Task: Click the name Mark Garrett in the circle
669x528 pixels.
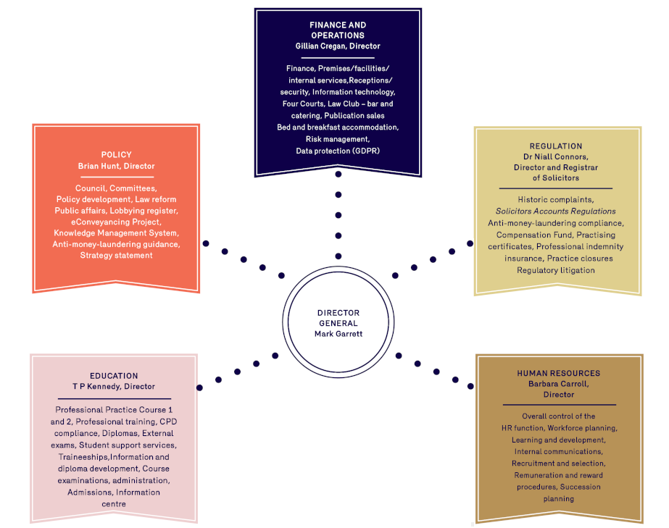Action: [338, 334]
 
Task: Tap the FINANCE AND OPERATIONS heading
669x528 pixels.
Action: [338, 30]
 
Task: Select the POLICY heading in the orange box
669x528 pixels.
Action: [116, 154]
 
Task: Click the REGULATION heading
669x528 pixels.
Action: [556, 146]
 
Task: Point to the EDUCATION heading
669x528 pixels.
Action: [114, 376]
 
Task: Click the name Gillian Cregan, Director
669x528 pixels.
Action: [338, 46]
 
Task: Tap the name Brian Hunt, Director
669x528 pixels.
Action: [116, 166]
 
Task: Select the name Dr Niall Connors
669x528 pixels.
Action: [556, 156]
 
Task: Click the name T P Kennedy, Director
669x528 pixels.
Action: [114, 387]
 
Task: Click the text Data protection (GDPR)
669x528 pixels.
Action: [338, 151]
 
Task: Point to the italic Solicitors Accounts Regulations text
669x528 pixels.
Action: [556, 211]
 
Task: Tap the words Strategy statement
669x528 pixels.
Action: [116, 256]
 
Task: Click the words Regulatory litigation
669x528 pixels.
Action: [556, 270]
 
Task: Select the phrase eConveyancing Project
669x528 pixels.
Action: [116, 222]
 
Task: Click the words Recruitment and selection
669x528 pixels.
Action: [558, 464]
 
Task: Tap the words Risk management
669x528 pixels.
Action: [338, 139]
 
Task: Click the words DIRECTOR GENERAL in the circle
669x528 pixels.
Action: [338, 318]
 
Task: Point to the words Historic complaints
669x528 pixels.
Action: [556, 200]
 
